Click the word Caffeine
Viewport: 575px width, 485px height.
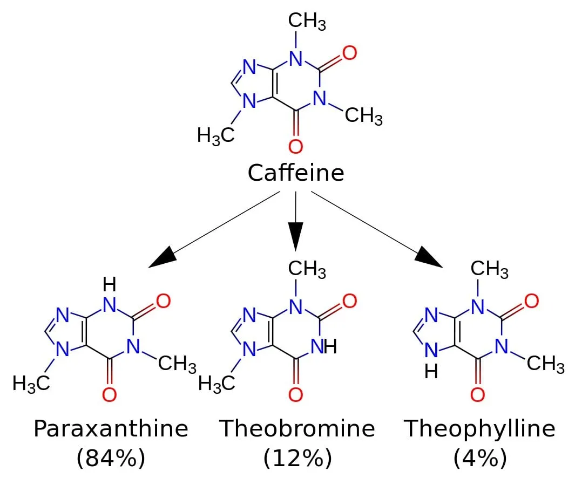coord(296,173)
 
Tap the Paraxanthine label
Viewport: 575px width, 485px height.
coord(111,428)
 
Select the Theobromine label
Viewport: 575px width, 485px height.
coord(297,428)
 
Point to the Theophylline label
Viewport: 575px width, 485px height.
coord(480,428)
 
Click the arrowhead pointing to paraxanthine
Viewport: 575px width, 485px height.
coord(161,257)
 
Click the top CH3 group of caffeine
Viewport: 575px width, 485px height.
coord(306,21)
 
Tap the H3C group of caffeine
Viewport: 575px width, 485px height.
coord(215,134)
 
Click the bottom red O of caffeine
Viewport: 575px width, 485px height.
coord(295,146)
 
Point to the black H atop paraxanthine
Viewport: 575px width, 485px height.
coord(110,283)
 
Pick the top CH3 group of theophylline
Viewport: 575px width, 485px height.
coord(489,269)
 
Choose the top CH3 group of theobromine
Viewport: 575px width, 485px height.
coord(307,269)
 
